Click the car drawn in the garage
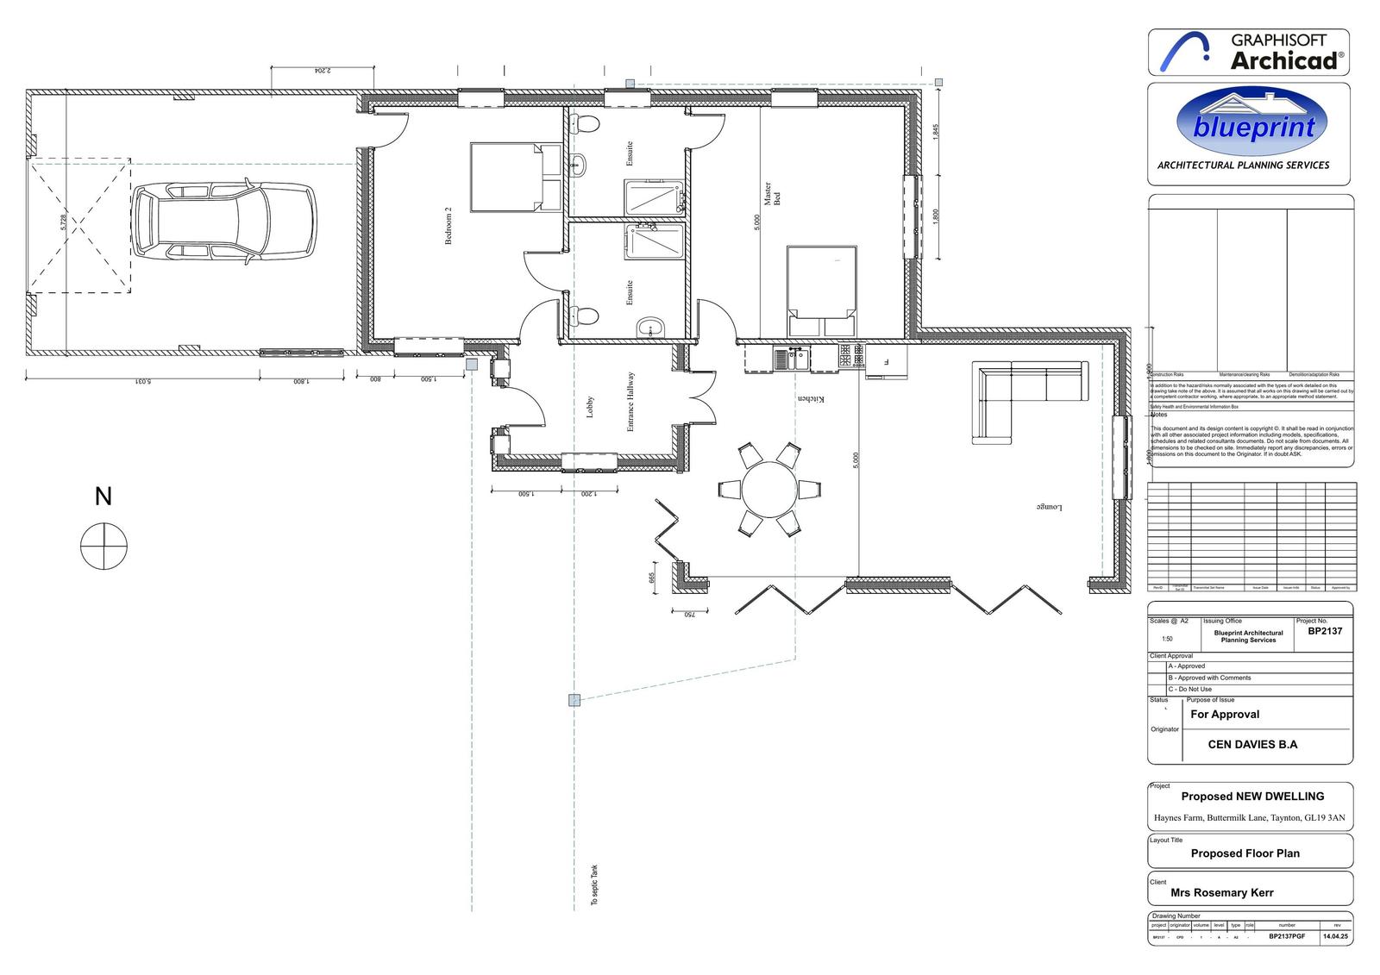[224, 220]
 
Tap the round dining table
[770, 489]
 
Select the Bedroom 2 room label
[448, 226]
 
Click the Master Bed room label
[771, 194]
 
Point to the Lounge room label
[1049, 507]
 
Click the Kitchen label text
[811, 399]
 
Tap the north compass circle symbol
[103, 546]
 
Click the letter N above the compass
[103, 497]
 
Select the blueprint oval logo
[1251, 125]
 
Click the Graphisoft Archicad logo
[1248, 52]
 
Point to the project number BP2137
[1324, 631]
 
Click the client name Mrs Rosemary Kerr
[1221, 892]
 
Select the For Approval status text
[1225, 714]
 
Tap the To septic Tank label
[593, 885]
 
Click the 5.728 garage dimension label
[63, 222]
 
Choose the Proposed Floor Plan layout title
[1245, 853]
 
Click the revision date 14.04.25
[1335, 936]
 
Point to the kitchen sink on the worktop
[791, 358]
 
